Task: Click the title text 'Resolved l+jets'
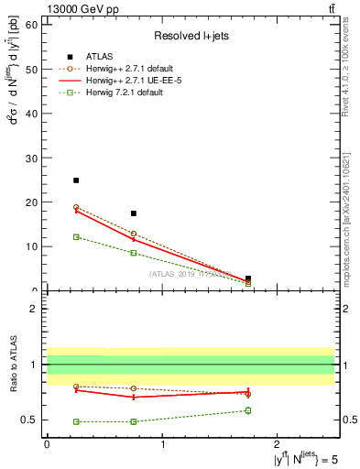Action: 190,36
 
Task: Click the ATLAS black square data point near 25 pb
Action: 76,180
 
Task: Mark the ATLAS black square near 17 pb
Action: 134,213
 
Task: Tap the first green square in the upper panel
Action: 76,236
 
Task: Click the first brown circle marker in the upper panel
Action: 76,207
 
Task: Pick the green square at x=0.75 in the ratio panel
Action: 134,421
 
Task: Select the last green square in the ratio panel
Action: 248,410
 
